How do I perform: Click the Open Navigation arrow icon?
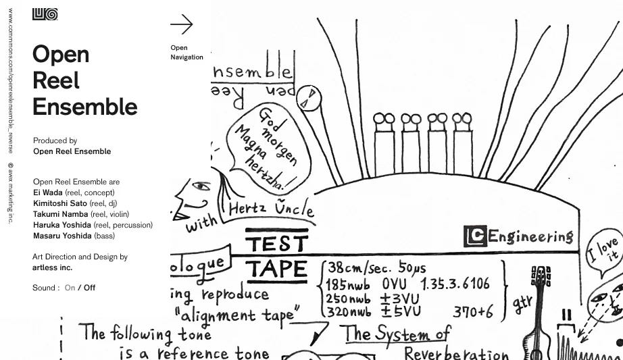[x=181, y=25]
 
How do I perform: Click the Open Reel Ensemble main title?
[x=84, y=80]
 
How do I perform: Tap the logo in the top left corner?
[x=45, y=14]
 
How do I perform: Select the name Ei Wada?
[x=47, y=192]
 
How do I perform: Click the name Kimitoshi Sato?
[x=60, y=203]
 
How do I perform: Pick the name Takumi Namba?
[x=60, y=214]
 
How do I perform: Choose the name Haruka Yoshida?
[x=62, y=225]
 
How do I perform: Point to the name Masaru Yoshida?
[x=62, y=236]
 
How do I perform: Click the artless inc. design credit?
[x=53, y=267]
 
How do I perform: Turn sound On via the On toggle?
[x=70, y=288]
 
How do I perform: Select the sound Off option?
[x=90, y=288]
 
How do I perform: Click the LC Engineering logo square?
[x=475, y=236]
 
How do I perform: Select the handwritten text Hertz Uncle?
[x=271, y=209]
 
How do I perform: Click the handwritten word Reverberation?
[x=455, y=353]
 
